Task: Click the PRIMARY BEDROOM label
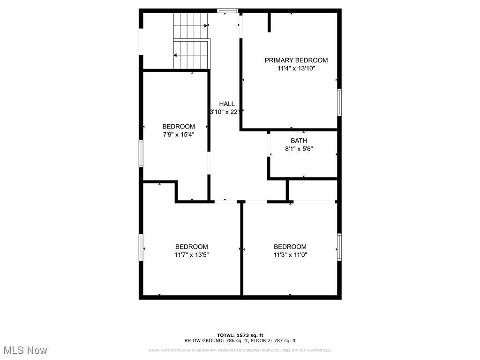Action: [296, 60]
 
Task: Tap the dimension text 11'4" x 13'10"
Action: [296, 68]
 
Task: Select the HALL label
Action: [227, 104]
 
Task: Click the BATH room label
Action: [299, 141]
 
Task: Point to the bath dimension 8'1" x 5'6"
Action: [299, 149]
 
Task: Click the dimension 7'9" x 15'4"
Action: [178, 135]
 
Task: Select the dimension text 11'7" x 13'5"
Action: [191, 255]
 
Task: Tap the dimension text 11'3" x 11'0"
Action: [290, 255]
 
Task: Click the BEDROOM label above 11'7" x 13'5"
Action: [191, 247]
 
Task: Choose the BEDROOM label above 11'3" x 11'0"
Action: [290, 247]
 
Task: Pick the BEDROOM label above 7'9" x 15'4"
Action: [178, 126]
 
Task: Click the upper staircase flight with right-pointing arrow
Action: [190, 26]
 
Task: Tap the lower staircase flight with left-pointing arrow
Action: [190, 55]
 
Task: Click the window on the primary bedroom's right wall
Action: [339, 102]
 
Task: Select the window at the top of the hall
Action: [228, 11]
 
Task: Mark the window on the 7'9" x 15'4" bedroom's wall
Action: [141, 153]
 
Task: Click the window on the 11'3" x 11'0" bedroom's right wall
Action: [339, 247]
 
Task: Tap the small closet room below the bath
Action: [312, 190]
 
